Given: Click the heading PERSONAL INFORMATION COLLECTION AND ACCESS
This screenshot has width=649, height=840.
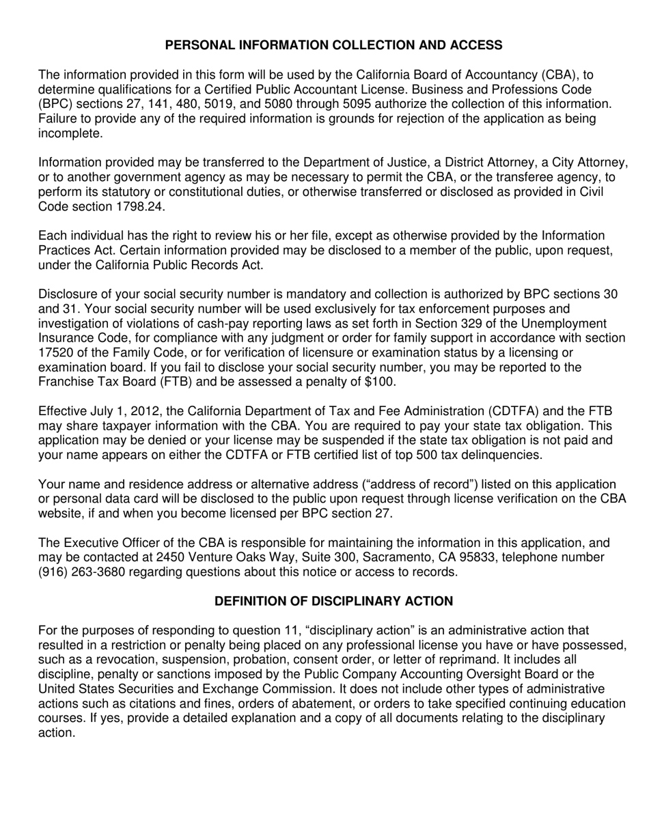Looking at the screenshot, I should click(x=333, y=45).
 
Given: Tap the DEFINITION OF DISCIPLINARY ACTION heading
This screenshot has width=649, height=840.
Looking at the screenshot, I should click(x=333, y=601).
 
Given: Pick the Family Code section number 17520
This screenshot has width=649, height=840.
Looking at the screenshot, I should click(x=58, y=352).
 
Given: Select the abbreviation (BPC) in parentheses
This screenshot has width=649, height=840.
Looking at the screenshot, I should click(x=57, y=104).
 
